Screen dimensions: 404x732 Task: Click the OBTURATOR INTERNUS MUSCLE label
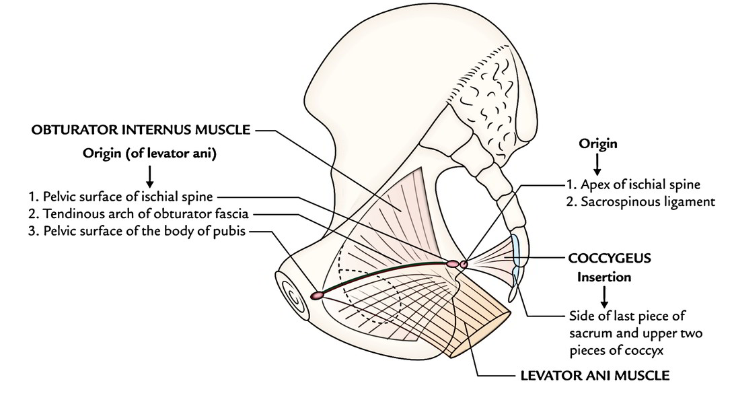[141, 131]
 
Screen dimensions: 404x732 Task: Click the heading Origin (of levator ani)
[149, 154]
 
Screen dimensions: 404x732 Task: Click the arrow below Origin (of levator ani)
[149, 176]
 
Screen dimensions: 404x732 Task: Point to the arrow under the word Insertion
[604, 297]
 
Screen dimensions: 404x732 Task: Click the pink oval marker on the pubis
[316, 295]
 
